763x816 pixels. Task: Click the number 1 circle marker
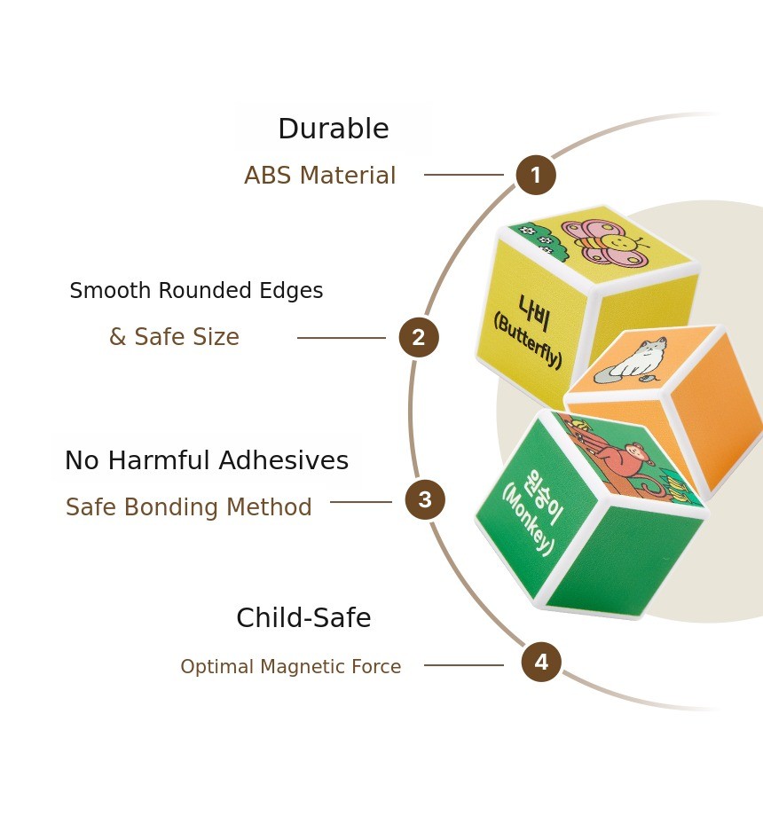(x=536, y=175)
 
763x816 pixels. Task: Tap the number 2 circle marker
(x=419, y=338)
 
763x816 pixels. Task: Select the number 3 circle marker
(x=425, y=500)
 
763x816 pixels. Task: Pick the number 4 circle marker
(x=541, y=663)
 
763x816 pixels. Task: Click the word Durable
(x=333, y=129)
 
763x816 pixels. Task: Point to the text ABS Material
(x=319, y=176)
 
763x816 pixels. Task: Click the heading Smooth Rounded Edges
(x=196, y=291)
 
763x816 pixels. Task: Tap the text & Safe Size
(x=174, y=337)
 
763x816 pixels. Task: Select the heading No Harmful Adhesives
(x=206, y=461)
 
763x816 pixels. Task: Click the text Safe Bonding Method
(x=188, y=507)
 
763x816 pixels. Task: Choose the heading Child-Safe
(x=303, y=618)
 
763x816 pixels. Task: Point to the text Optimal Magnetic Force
(x=290, y=667)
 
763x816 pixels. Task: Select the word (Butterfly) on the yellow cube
(x=527, y=341)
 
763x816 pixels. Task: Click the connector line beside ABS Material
(x=463, y=175)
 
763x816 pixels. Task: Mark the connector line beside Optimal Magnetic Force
(x=463, y=665)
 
